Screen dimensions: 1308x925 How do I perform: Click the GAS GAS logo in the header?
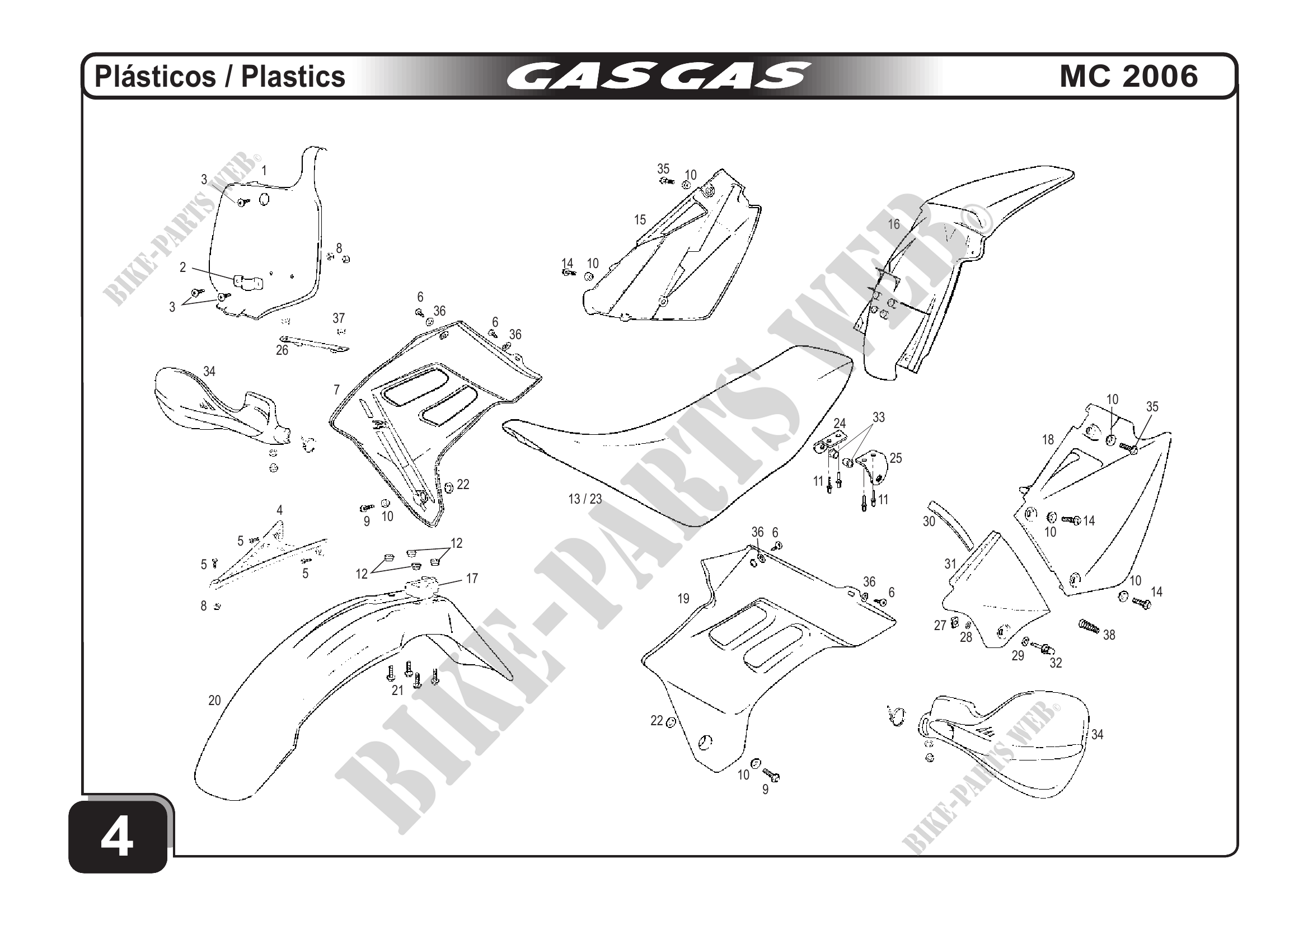(659, 76)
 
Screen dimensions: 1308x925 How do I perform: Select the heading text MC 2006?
(1128, 76)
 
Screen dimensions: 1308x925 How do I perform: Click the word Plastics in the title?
(293, 77)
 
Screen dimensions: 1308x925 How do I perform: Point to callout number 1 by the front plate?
(264, 170)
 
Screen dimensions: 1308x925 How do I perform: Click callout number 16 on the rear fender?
(894, 224)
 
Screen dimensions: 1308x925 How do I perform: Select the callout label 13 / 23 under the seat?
(585, 499)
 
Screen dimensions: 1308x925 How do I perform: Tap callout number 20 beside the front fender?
(214, 701)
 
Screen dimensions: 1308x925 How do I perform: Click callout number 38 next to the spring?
(1109, 635)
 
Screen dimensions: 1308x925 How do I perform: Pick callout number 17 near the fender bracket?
(472, 579)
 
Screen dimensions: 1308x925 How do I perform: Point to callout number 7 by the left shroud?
(337, 390)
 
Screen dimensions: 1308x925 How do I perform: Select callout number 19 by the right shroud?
(683, 599)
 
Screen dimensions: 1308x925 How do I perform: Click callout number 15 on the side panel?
(640, 220)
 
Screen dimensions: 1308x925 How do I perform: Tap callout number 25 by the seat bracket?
(896, 458)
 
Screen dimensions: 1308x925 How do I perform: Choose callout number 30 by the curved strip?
(929, 522)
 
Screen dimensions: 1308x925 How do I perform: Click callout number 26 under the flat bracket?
(282, 351)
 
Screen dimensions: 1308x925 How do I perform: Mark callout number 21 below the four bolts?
(397, 691)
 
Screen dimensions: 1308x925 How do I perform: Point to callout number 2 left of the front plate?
(183, 267)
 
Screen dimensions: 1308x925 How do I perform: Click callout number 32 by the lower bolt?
(1056, 663)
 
